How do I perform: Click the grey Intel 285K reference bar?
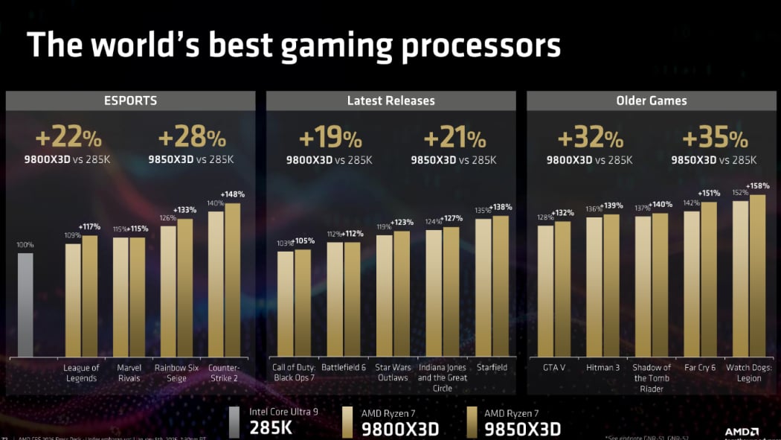pyautogui.click(x=25, y=305)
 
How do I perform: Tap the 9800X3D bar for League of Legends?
pyautogui.click(x=73, y=300)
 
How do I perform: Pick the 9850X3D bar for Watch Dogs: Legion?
pyautogui.click(x=757, y=275)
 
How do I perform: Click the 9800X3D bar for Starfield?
pyautogui.click(x=483, y=287)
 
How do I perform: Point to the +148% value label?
pyautogui.click(x=233, y=195)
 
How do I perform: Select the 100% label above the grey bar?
pyautogui.click(x=25, y=245)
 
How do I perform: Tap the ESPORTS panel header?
pyautogui.click(x=130, y=101)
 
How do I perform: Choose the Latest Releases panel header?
pyautogui.click(x=390, y=101)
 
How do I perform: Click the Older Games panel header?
pyautogui.click(x=651, y=101)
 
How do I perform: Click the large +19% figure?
pyautogui.click(x=330, y=138)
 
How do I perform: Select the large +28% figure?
pyautogui.click(x=192, y=138)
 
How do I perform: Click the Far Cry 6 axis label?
pyautogui.click(x=701, y=368)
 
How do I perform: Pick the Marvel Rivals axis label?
pyautogui.click(x=129, y=373)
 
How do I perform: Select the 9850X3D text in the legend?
pyautogui.click(x=522, y=430)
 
